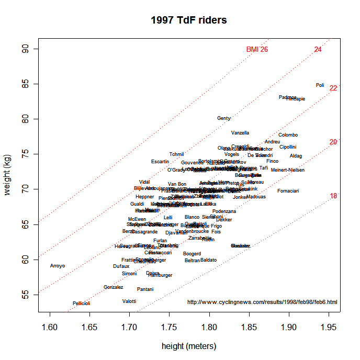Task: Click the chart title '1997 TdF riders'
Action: coord(188,20)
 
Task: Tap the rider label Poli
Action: coord(320,85)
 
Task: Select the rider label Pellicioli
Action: coord(81,303)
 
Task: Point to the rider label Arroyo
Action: coord(58,266)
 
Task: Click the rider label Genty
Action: coord(223,118)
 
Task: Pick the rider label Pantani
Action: coord(145,289)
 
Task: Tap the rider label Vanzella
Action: coord(240,133)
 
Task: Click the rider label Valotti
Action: coord(129,301)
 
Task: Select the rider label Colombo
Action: coord(288,135)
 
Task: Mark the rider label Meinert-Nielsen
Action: coord(288,170)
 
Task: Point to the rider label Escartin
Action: coord(160,162)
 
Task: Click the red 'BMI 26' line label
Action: coord(257,49)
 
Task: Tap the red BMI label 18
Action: coord(333,196)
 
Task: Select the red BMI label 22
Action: coord(333,88)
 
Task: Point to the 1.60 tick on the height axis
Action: coord(50,329)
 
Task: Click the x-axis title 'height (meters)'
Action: coord(189,346)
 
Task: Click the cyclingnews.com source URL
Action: coord(262,302)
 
